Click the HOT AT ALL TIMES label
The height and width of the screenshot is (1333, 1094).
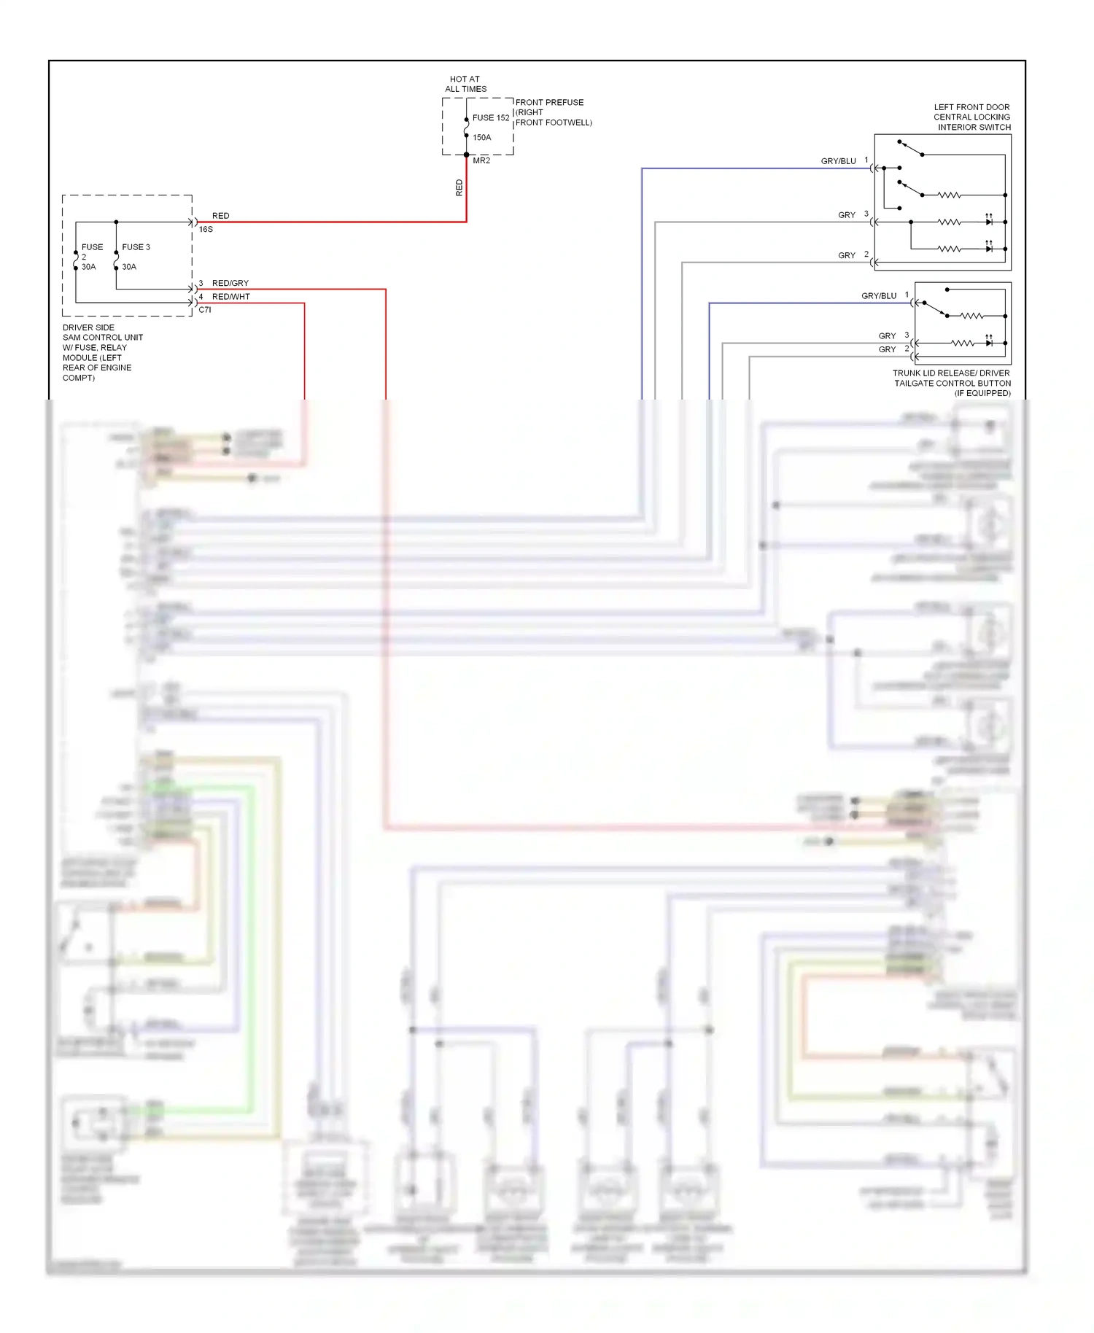(x=465, y=84)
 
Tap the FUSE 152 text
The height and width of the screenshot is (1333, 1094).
(x=491, y=117)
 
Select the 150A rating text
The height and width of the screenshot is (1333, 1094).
(x=481, y=137)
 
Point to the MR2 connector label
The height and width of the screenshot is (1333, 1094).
(x=481, y=160)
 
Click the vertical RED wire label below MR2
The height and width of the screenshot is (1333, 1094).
(x=459, y=187)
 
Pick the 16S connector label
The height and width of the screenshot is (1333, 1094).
(x=206, y=229)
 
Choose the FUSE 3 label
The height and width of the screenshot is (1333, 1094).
(x=136, y=247)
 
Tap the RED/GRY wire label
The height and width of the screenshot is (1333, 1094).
(x=230, y=283)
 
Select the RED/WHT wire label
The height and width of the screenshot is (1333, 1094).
(x=230, y=297)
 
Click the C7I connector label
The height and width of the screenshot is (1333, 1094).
(x=205, y=310)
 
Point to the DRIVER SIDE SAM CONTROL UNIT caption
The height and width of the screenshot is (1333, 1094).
(x=102, y=352)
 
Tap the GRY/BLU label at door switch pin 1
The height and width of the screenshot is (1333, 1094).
(x=838, y=161)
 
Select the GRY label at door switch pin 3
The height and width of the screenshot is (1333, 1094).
(x=846, y=215)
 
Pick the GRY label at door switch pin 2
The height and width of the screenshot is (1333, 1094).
(x=846, y=255)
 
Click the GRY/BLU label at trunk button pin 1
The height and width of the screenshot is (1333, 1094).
(x=879, y=296)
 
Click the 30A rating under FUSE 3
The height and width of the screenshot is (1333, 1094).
(x=129, y=267)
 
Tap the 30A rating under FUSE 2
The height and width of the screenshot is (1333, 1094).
(x=88, y=267)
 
